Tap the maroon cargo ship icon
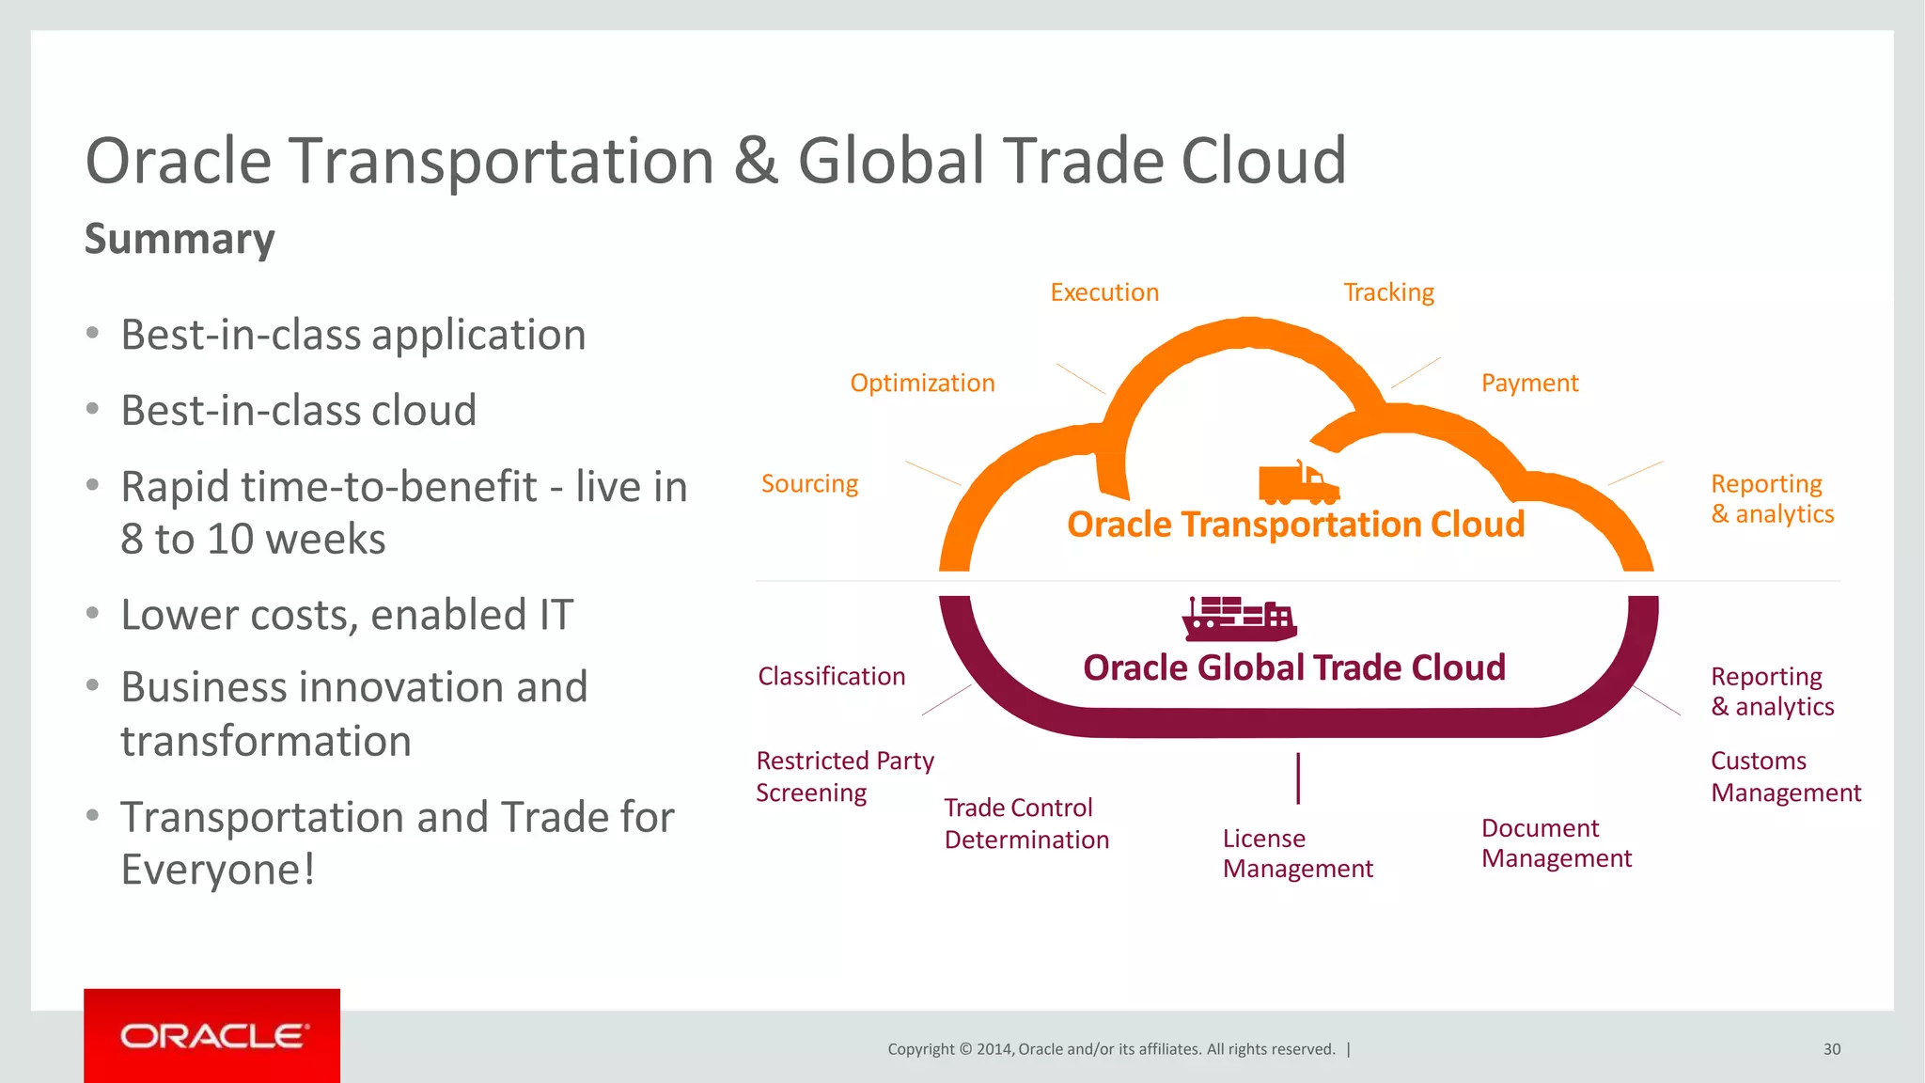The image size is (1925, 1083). (x=1239, y=619)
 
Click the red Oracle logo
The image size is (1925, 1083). (x=211, y=1035)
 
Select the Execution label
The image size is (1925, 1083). (x=1104, y=292)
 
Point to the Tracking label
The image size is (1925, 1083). (x=1388, y=292)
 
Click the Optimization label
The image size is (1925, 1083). (x=922, y=383)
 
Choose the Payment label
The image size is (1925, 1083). (x=1529, y=383)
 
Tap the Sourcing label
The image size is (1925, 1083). (x=809, y=483)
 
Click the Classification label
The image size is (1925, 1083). (x=831, y=676)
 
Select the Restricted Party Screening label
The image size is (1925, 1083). (x=844, y=776)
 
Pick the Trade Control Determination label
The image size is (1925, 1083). (x=1026, y=823)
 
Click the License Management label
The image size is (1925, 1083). (x=1297, y=853)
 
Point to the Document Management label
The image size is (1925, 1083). (x=1556, y=842)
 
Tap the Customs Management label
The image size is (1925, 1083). (x=1785, y=776)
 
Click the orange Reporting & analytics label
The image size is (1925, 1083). (x=1772, y=498)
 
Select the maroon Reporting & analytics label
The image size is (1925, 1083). (x=1772, y=691)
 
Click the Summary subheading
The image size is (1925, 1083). (x=180, y=239)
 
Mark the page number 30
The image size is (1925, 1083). (x=1831, y=1049)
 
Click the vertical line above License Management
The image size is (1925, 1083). (x=1298, y=777)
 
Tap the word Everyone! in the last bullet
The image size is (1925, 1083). (x=218, y=869)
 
